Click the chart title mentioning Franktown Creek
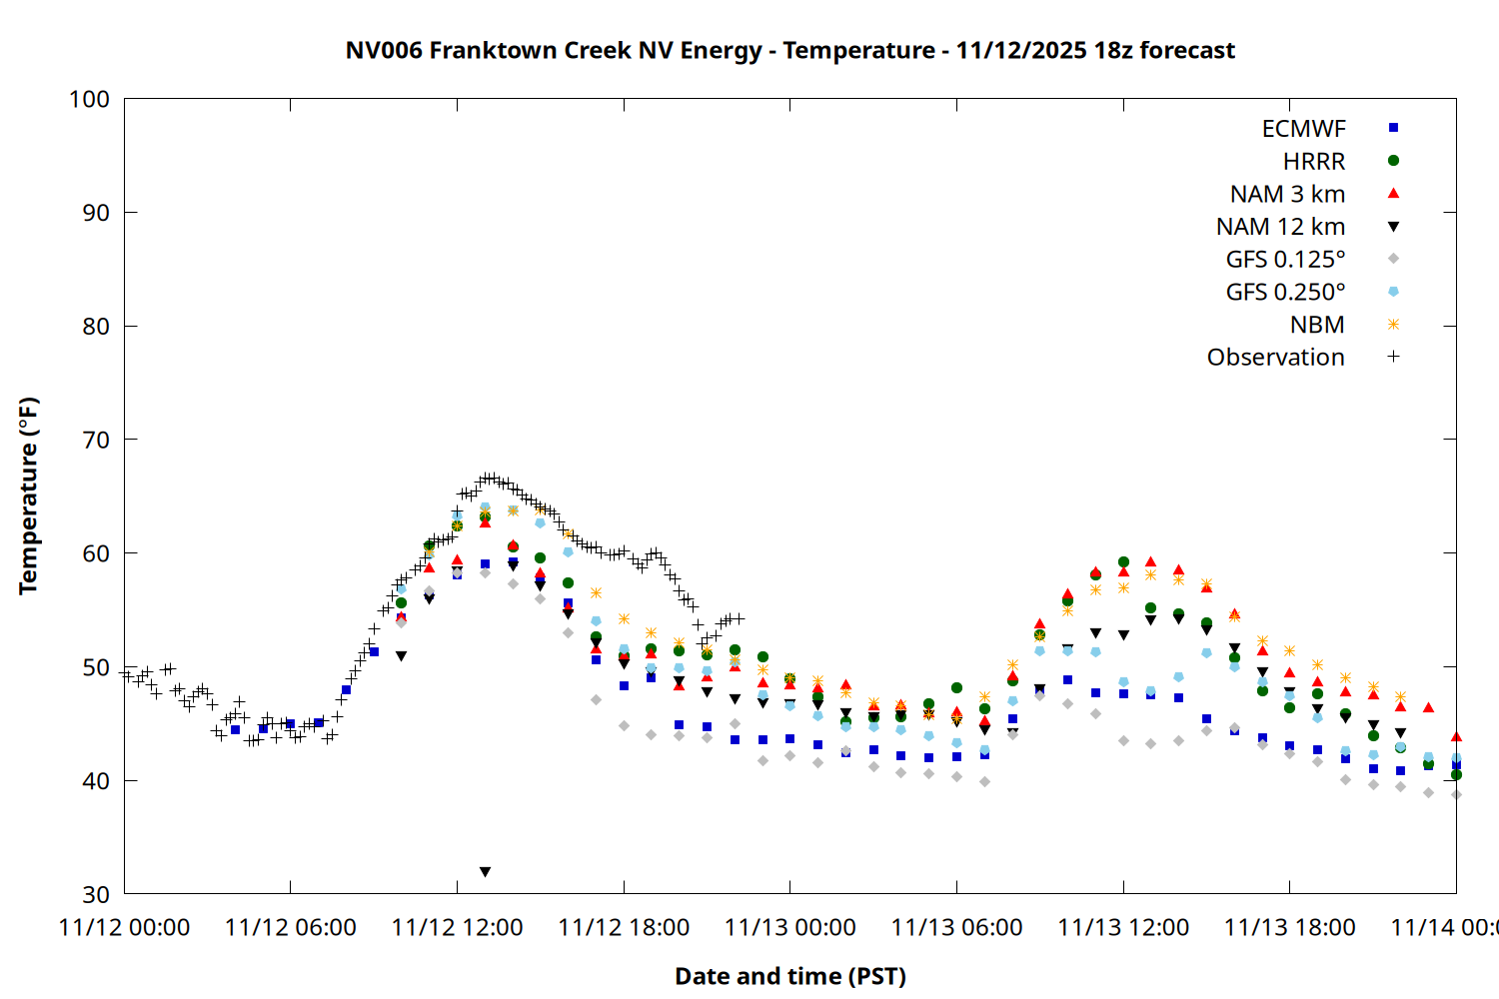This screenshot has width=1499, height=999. (x=789, y=50)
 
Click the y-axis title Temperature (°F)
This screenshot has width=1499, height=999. (x=28, y=496)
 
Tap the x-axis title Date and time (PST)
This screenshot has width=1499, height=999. (x=789, y=976)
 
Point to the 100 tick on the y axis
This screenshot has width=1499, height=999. (x=89, y=99)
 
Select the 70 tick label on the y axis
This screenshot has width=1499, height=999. (x=89, y=440)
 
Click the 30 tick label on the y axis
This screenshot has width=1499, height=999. (x=89, y=894)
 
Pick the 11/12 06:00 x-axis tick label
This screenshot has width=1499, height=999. (x=290, y=927)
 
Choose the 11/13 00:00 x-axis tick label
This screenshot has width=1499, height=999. (x=789, y=927)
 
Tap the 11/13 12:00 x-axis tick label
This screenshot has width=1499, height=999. (x=1123, y=927)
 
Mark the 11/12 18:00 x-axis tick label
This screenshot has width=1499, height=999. (x=624, y=927)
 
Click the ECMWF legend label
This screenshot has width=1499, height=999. (x=1303, y=129)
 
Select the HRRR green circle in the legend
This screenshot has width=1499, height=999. (x=1393, y=161)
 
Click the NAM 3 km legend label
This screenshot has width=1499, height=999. (x=1287, y=194)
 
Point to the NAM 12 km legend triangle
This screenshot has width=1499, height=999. (x=1393, y=227)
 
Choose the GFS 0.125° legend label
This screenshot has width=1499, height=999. (x=1285, y=260)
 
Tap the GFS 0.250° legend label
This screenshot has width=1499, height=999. (x=1285, y=292)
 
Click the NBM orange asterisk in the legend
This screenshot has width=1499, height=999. (x=1393, y=325)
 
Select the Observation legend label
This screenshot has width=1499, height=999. (x=1275, y=358)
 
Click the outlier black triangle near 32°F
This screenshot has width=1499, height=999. (x=485, y=872)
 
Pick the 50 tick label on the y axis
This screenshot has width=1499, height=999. (x=89, y=667)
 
